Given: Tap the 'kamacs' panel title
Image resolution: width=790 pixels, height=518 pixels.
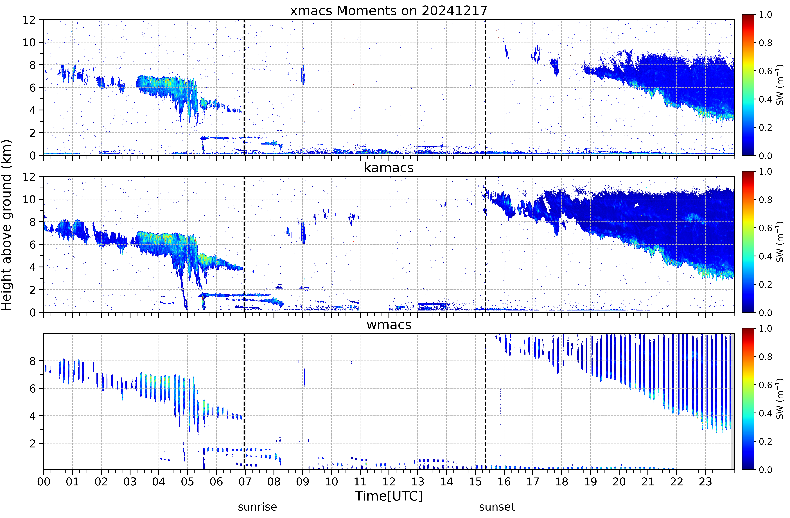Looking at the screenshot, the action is [389, 168].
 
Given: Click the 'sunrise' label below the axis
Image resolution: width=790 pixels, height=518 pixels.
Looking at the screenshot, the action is [257, 507].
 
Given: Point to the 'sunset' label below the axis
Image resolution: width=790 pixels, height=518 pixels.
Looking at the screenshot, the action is [497, 507].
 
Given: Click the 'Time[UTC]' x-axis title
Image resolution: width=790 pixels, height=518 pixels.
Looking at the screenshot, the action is [389, 496].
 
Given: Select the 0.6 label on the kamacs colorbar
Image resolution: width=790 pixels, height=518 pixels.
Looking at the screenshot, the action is [765, 228].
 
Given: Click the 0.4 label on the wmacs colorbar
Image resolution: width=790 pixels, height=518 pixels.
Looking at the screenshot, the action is [765, 413].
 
